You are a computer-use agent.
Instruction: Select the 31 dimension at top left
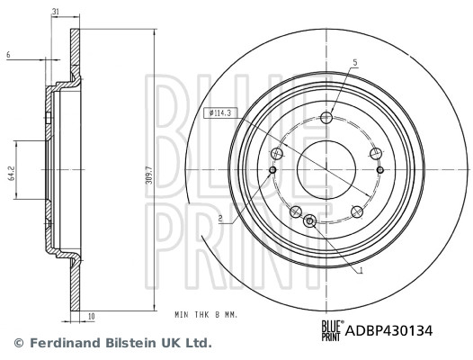[55, 12]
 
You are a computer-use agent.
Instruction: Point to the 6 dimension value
[8, 55]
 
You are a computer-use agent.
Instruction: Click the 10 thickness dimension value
[92, 317]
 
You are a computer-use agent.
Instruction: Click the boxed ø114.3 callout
[219, 113]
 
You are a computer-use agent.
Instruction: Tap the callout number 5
[355, 63]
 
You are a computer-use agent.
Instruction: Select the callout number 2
[220, 218]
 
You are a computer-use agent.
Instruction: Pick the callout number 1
[361, 271]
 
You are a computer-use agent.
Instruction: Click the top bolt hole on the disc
[326, 118]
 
